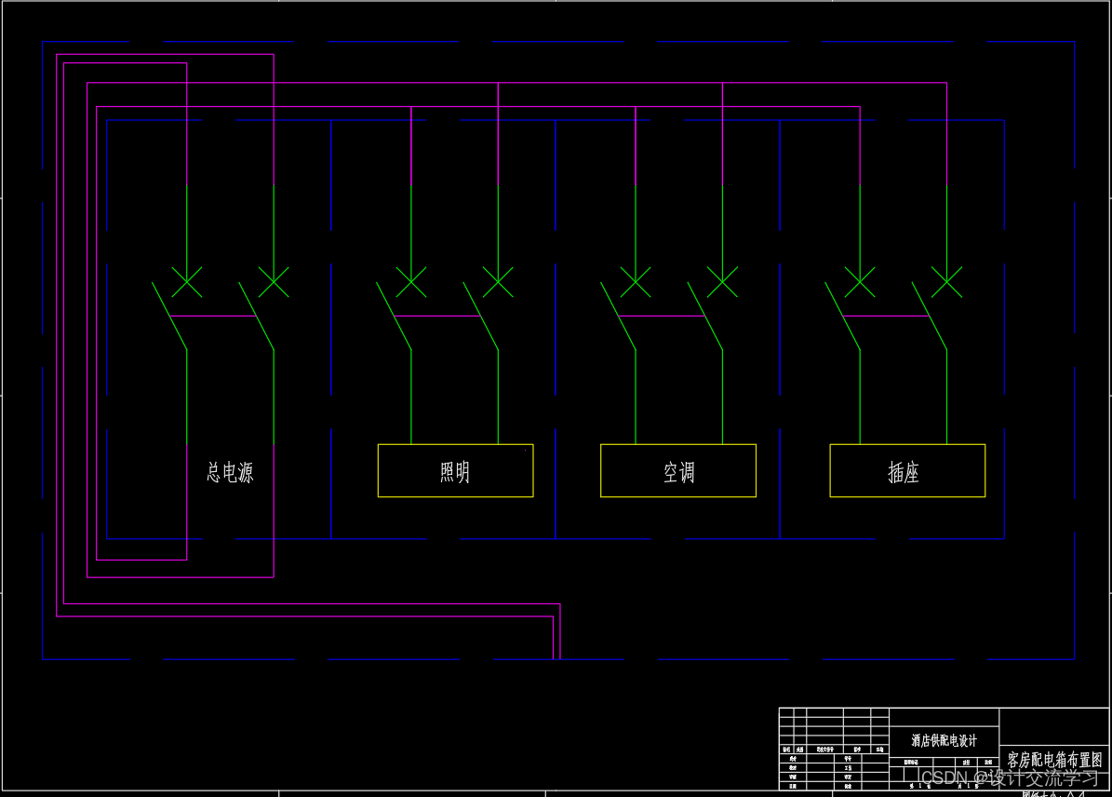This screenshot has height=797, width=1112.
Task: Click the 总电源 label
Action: click(229, 472)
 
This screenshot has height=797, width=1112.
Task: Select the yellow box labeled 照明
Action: click(455, 471)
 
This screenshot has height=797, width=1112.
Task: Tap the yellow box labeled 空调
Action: click(678, 471)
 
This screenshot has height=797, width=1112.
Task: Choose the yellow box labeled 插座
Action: click(907, 471)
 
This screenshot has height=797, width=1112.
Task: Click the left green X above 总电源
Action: click(187, 281)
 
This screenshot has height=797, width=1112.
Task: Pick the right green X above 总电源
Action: click(274, 281)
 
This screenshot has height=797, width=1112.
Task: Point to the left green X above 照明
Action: click(411, 281)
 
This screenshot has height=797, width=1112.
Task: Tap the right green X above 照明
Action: click(498, 281)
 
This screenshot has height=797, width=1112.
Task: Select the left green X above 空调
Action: click(636, 281)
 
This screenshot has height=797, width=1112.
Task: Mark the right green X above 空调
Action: click(722, 281)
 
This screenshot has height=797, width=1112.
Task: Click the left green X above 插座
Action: click(860, 281)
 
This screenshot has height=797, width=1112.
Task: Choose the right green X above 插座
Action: click(946, 281)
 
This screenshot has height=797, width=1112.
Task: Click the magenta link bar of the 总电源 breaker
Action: click(214, 317)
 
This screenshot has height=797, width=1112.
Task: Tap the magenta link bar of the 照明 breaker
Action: click(438, 317)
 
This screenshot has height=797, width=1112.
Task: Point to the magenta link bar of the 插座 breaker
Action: click(887, 317)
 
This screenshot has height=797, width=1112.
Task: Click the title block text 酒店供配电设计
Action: click(944, 741)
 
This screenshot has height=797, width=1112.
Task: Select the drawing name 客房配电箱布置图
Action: click(1054, 760)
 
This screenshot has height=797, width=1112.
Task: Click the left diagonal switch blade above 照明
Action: click(394, 317)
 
